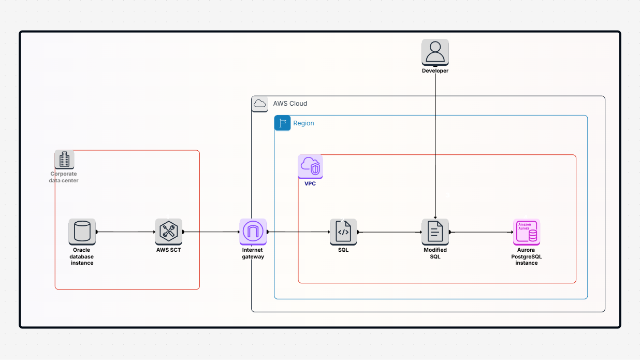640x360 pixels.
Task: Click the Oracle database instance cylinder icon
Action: [82, 231]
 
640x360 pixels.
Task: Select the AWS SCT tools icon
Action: [168, 231]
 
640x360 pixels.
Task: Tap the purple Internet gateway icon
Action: [253, 231]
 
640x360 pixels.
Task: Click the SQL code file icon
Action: [343, 231]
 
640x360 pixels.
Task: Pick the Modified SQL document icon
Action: [435, 231]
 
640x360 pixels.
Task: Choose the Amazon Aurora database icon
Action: [527, 231]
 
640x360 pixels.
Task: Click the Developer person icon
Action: [435, 52]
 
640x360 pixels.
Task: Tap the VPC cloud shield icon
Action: [310, 167]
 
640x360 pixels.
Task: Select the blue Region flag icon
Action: [282, 123]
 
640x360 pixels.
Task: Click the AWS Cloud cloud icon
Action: [259, 104]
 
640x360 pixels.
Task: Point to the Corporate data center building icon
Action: [64, 159]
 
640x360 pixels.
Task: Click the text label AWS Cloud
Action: [290, 104]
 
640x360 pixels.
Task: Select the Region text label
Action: [303, 123]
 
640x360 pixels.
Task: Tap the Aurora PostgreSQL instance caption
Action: [527, 256]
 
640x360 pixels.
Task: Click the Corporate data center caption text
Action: [64, 177]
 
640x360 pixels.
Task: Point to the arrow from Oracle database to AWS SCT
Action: [125, 232]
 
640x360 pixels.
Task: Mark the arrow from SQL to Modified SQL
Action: [389, 232]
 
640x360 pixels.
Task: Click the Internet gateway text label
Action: [253, 253]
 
